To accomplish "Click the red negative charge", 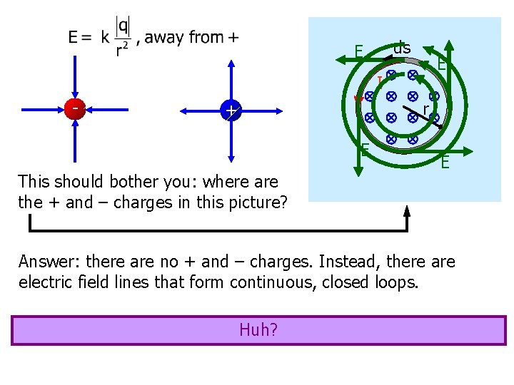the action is [x=74, y=109].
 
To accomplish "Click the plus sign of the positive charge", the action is [x=231, y=111].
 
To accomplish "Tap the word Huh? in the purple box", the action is [x=258, y=330].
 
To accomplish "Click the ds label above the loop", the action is [x=403, y=48].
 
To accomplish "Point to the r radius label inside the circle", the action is [x=425, y=108].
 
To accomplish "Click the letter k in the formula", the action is [x=104, y=38].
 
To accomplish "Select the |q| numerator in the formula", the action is [x=124, y=26].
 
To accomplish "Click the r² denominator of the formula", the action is [x=124, y=49].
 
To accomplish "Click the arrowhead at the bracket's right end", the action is [x=407, y=211].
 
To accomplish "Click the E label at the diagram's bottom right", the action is [x=445, y=163].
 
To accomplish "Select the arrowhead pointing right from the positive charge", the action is [x=281, y=111].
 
